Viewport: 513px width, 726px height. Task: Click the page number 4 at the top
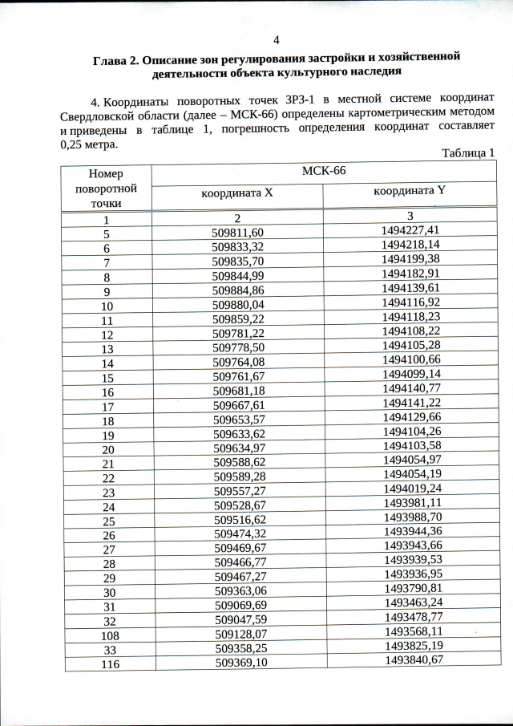click(x=277, y=40)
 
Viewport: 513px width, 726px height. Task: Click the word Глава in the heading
click(x=110, y=60)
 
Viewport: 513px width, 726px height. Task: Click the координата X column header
click(x=236, y=193)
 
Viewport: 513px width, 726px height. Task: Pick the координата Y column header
click(x=410, y=191)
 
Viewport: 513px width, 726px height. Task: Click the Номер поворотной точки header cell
click(x=106, y=189)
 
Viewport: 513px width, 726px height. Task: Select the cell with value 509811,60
click(x=238, y=233)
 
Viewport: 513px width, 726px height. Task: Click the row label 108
click(x=108, y=634)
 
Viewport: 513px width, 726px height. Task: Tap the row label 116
click(x=108, y=663)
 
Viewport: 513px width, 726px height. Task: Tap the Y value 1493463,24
click(x=412, y=602)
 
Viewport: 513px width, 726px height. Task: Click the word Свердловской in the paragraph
click(x=97, y=116)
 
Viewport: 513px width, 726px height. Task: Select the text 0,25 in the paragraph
click(x=74, y=145)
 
